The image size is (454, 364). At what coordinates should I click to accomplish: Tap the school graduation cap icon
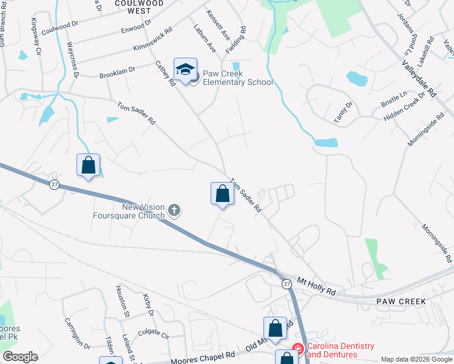185,69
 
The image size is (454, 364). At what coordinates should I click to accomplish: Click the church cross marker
174,211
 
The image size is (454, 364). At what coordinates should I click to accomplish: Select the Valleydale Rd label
419,78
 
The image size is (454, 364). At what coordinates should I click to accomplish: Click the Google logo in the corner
20,357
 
